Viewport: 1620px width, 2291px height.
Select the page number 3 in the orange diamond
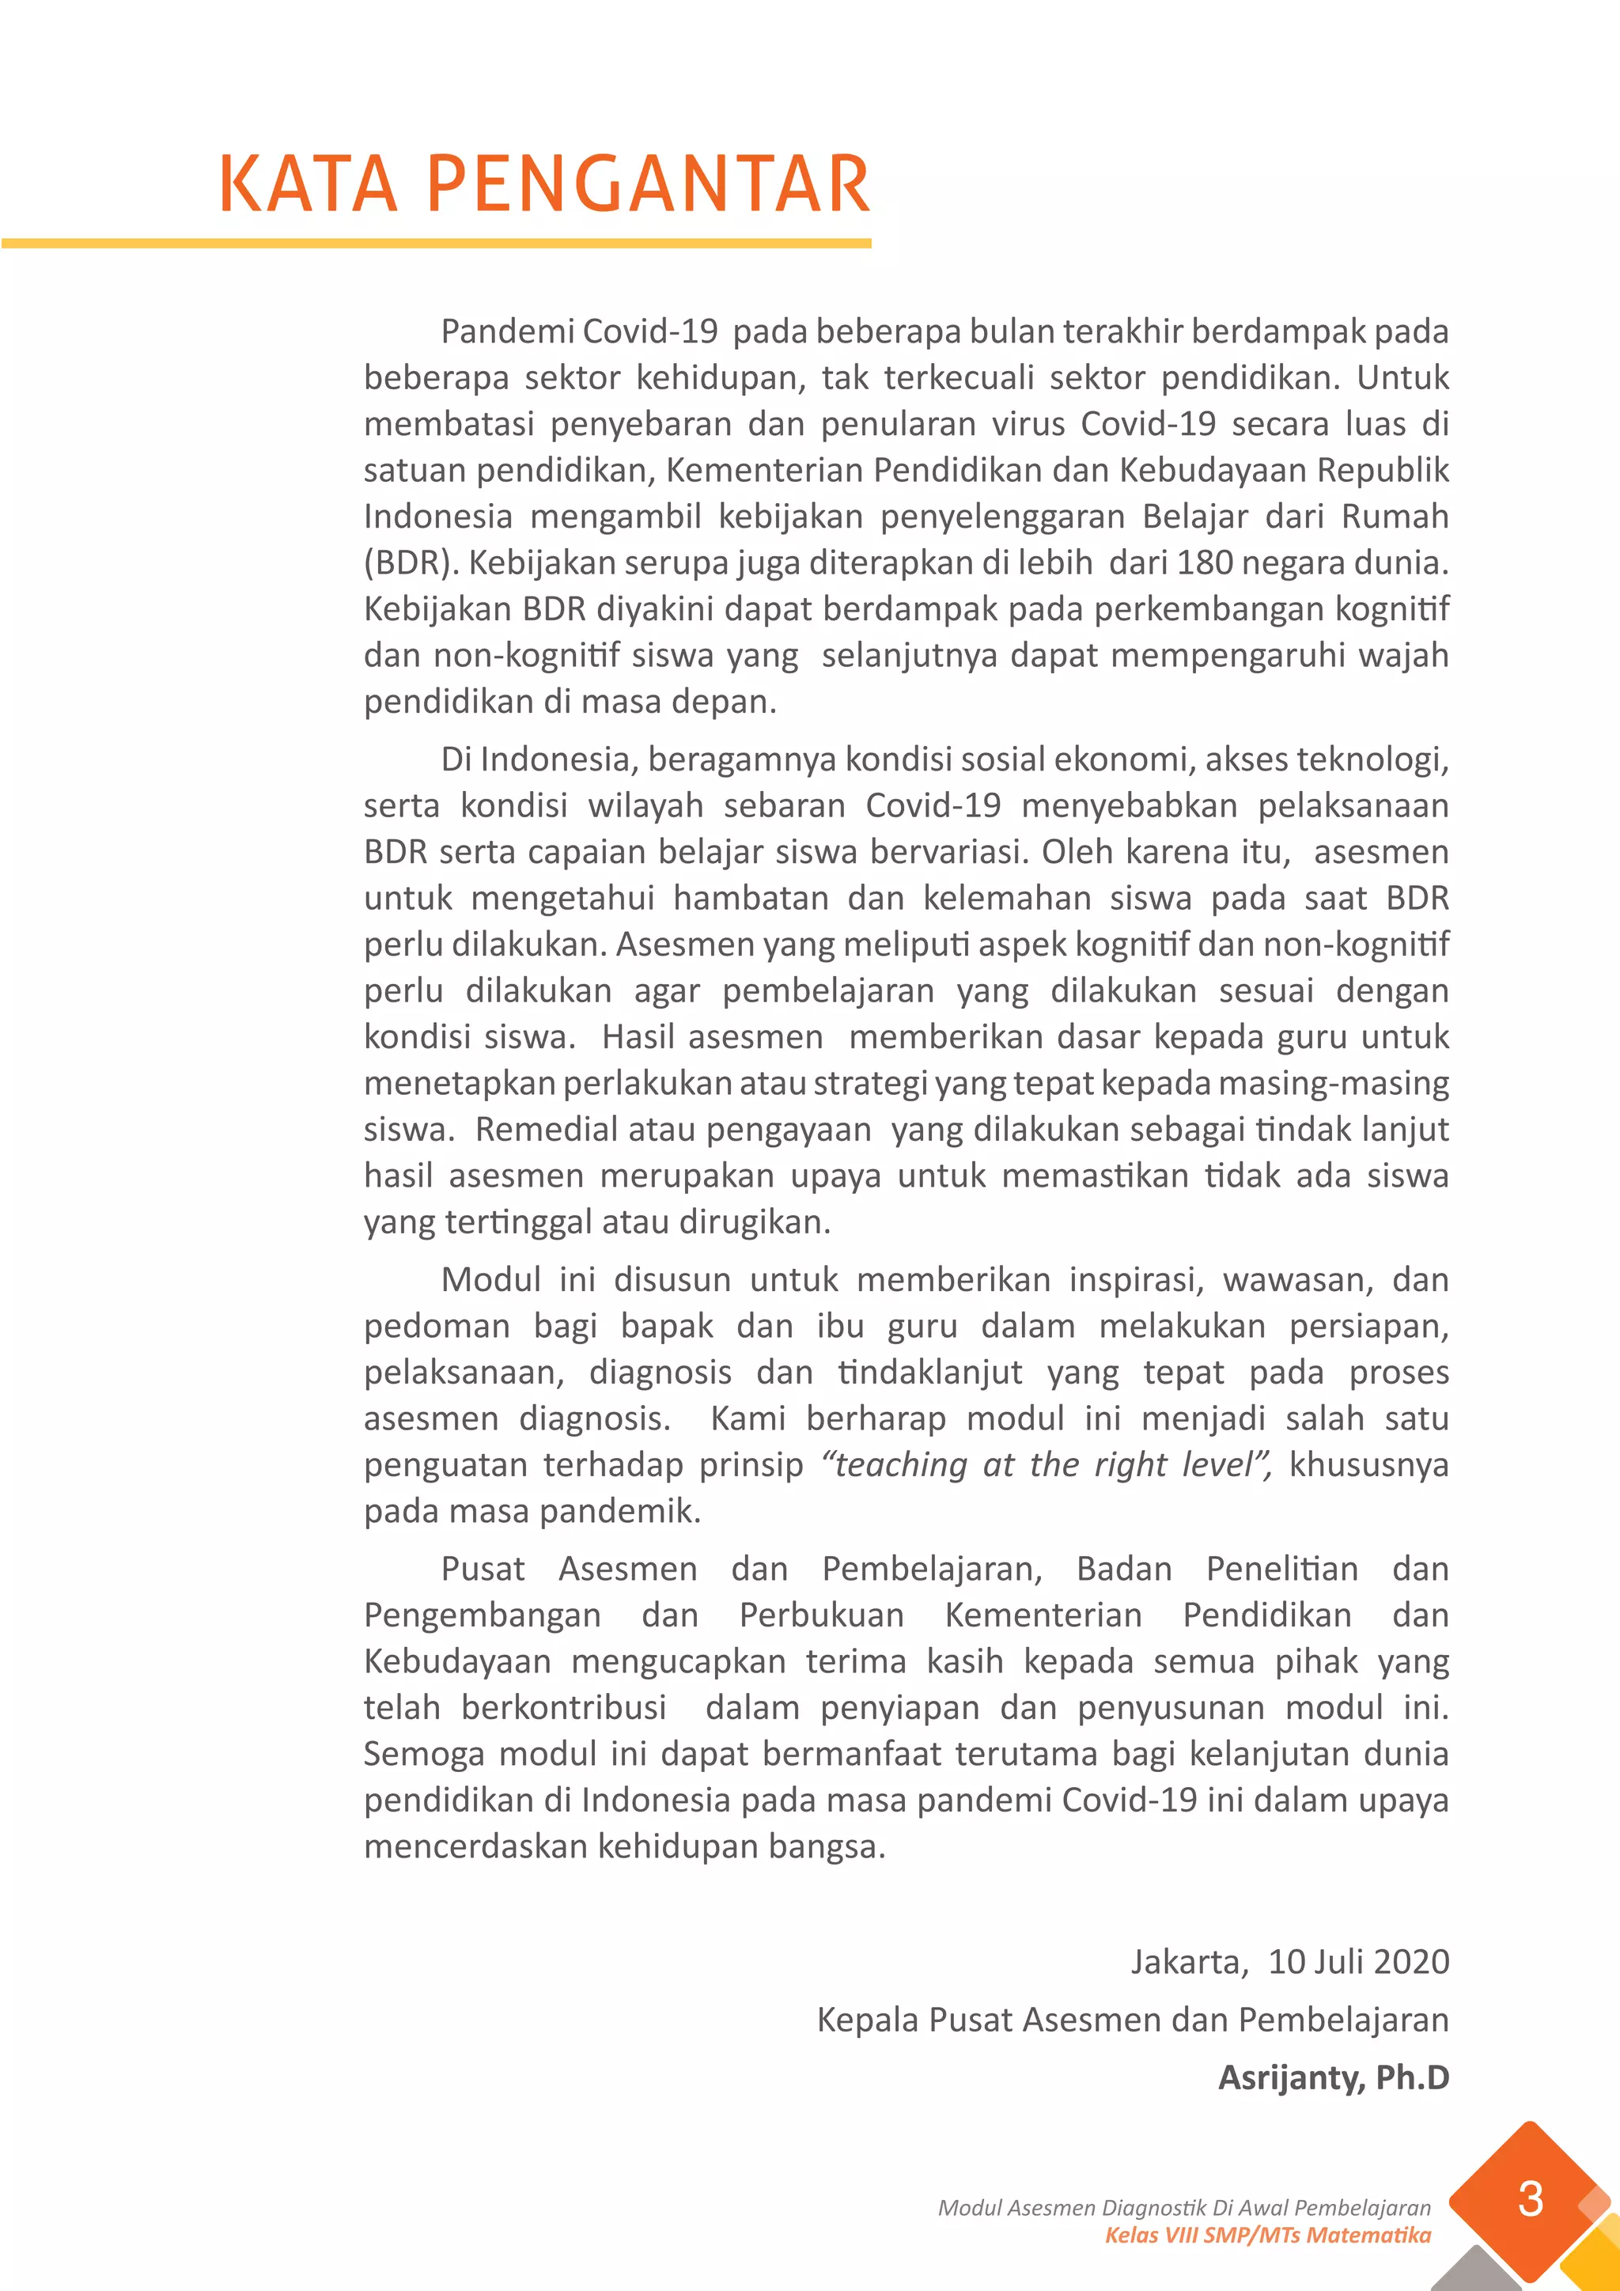tap(1531, 2199)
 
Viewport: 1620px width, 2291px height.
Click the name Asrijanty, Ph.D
tap(1333, 2077)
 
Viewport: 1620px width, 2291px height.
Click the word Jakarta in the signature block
tap(1187, 1961)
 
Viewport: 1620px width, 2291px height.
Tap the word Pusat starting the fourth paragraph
tap(483, 1569)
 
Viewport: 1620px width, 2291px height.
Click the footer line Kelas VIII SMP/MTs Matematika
tap(1267, 2234)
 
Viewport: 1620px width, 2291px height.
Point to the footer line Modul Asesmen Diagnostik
tap(1184, 2207)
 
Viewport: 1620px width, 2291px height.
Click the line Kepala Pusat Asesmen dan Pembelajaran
tap(1132, 2019)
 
